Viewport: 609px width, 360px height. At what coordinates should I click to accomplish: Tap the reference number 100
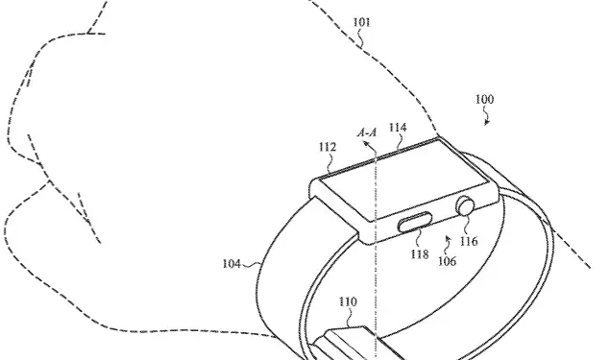(485, 99)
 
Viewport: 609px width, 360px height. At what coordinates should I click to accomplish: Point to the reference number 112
(328, 147)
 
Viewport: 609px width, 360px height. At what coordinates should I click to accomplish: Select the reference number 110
(347, 302)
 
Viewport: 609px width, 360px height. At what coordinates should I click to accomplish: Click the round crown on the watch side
(466, 204)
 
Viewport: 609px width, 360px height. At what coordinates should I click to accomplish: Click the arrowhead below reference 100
(487, 121)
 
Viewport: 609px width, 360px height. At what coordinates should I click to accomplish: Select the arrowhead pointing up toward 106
(448, 234)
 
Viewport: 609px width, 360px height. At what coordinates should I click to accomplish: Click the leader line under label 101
(359, 38)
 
